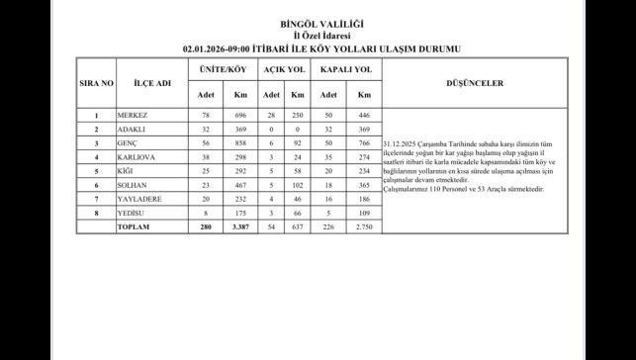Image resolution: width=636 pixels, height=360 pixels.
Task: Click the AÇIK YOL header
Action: tap(282, 69)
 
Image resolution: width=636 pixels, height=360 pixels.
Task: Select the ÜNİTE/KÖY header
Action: tap(223, 69)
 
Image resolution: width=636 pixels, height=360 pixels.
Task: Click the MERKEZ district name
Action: tap(134, 116)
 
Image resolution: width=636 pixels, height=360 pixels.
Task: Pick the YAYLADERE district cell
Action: tap(139, 199)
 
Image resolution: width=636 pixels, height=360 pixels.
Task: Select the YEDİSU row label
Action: tap(133, 213)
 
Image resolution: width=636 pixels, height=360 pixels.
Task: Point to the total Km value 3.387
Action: tap(239, 226)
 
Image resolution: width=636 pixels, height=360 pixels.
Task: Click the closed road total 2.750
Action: tap(364, 226)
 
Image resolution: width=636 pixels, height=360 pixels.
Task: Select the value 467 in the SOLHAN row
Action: tap(239, 185)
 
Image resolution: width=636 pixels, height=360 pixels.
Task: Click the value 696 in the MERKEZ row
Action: tap(239, 116)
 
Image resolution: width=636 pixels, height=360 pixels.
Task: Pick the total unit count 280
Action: tap(206, 226)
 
